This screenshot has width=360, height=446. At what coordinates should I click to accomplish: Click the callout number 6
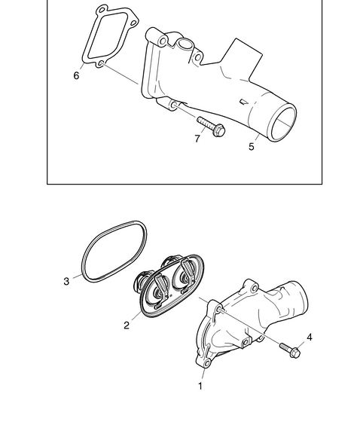76,75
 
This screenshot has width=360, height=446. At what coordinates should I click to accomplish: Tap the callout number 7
197,139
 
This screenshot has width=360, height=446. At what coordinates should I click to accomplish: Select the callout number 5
251,147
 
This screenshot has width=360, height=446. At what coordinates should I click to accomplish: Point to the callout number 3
66,281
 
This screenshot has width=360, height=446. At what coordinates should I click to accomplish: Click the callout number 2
127,325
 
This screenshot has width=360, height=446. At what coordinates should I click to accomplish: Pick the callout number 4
310,338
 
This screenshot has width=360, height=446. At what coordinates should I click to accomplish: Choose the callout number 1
200,386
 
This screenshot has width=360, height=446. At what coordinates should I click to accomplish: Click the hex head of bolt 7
218,130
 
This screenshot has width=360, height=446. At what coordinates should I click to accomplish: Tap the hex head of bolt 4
295,353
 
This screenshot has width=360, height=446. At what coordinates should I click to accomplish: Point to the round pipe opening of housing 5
282,124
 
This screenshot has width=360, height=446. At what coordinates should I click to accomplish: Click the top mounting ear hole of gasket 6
102,11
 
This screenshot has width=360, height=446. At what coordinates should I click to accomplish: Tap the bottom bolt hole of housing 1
207,363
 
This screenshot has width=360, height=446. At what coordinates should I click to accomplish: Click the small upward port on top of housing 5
185,44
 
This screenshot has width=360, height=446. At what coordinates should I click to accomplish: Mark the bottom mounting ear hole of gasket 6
99,63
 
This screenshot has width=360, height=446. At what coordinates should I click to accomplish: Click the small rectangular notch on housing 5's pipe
243,102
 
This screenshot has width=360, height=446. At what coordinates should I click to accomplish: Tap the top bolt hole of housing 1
255,289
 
